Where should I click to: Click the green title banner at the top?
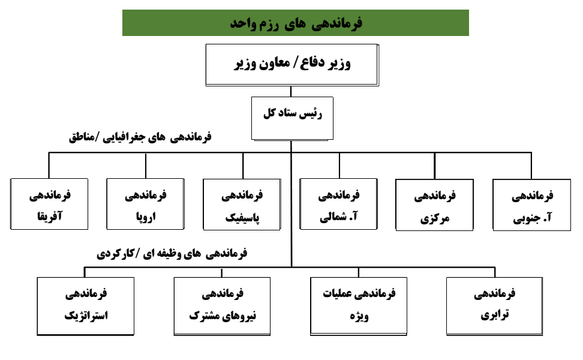[296, 23]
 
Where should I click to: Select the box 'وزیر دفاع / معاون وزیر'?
[292, 65]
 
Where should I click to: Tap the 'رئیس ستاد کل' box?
[292, 119]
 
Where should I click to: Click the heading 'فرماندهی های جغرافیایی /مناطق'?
[140, 137]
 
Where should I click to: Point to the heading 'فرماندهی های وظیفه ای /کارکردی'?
[172, 254]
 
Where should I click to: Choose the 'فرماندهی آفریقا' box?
[49, 204]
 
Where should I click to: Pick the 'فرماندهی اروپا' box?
[145, 204]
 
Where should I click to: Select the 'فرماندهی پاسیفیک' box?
[242, 205]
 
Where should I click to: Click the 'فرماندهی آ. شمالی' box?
[339, 204]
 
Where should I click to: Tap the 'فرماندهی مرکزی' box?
[435, 205]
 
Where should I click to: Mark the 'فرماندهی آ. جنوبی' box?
[531, 205]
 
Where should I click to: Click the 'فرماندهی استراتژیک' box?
[86, 307]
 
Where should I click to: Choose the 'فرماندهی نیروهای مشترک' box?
[222, 307]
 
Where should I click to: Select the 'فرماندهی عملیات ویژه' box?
[359, 307]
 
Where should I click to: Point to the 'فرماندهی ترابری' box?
[494, 307]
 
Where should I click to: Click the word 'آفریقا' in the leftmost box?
[50, 216]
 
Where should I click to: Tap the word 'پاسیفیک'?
[242, 218]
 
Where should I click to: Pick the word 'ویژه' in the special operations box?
[359, 316]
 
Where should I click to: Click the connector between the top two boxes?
[291, 91]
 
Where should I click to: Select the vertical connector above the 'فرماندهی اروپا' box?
[146, 166]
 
